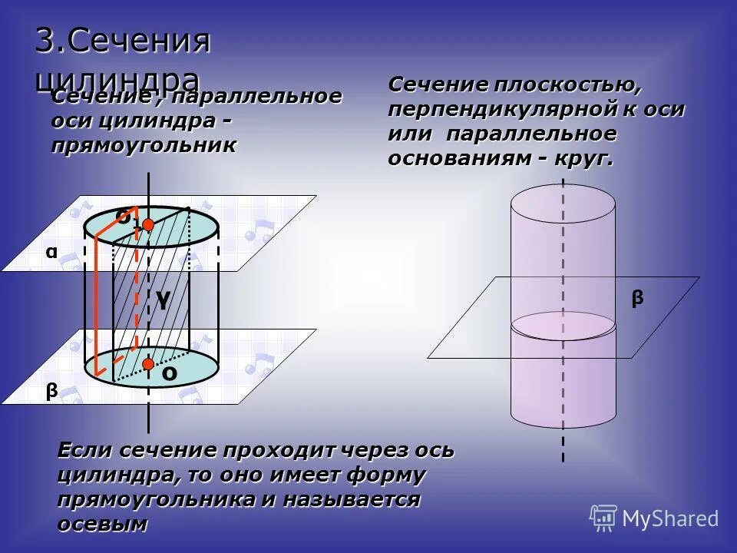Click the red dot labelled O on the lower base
(x=148, y=363)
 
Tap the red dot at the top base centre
(x=148, y=224)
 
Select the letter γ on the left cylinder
(x=162, y=300)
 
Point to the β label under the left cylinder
(x=51, y=391)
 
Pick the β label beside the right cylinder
(x=637, y=299)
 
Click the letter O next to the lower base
(x=169, y=374)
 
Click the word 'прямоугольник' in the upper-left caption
(x=144, y=145)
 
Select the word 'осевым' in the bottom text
(x=102, y=525)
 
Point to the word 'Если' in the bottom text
(x=84, y=450)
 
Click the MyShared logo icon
(x=603, y=518)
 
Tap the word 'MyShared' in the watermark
(x=670, y=518)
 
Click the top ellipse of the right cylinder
(x=563, y=203)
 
